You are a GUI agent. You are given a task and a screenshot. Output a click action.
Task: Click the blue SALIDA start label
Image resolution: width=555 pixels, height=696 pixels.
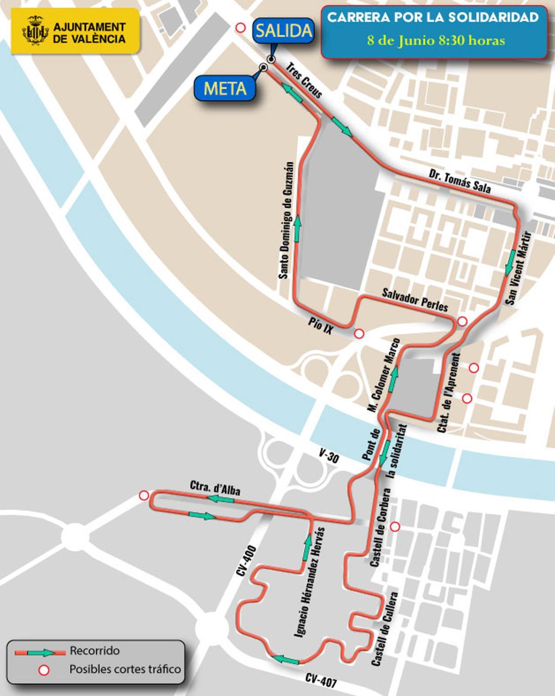tap(284, 31)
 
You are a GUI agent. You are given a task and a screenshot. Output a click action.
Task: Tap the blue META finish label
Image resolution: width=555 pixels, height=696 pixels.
tap(225, 88)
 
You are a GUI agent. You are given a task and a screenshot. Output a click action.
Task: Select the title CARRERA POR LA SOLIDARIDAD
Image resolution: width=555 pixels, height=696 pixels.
tap(433, 18)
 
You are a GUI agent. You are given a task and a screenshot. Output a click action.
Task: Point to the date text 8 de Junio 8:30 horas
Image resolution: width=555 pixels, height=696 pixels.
tap(436, 41)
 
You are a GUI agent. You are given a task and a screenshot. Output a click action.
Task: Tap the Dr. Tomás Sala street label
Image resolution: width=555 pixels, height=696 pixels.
tap(459, 180)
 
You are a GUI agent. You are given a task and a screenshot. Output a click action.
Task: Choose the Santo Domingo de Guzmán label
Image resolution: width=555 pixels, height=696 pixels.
tap(287, 220)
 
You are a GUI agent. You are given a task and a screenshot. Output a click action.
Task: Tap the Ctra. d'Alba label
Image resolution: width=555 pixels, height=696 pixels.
tap(215, 488)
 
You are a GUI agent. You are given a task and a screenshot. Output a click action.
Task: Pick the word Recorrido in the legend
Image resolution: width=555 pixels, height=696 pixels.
tap(94, 651)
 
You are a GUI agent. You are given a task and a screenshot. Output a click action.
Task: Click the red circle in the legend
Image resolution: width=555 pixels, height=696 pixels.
tap(44, 670)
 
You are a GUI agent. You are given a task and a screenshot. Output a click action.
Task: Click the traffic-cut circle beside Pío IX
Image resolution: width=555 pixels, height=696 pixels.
tap(359, 333)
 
